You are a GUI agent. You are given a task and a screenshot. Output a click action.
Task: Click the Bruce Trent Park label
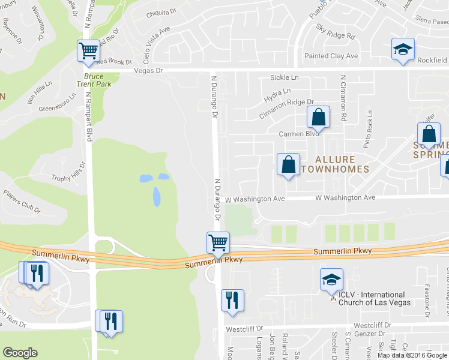(98, 80)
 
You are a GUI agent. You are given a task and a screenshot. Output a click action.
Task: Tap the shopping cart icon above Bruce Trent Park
(88, 51)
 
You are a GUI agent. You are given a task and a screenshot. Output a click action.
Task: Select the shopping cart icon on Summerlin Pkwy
(218, 242)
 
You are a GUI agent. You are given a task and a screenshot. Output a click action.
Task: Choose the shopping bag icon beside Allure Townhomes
(288, 164)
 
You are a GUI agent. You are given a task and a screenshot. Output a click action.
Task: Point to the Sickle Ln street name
(285, 78)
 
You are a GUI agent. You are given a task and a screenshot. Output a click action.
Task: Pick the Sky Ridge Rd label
(336, 32)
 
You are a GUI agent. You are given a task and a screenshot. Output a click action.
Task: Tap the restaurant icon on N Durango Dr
(232, 300)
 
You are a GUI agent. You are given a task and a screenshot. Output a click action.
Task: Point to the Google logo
(20, 353)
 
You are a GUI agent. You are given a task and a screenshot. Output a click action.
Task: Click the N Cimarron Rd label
(344, 99)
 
